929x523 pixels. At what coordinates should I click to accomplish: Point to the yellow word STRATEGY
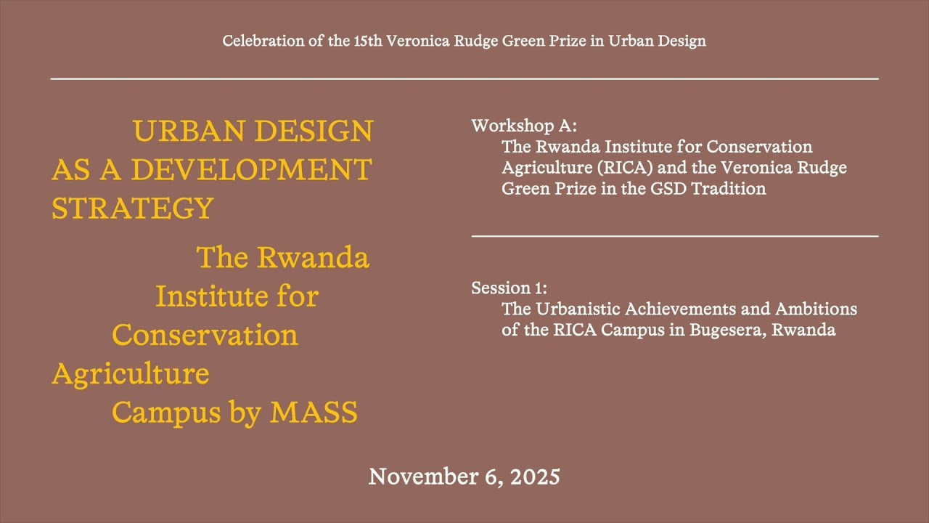(133, 208)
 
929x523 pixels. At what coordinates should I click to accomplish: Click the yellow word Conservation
(205, 335)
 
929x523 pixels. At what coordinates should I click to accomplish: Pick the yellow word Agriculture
(131, 374)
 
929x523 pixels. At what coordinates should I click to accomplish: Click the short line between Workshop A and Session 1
(675, 236)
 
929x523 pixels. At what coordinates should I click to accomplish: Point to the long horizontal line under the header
(464, 78)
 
